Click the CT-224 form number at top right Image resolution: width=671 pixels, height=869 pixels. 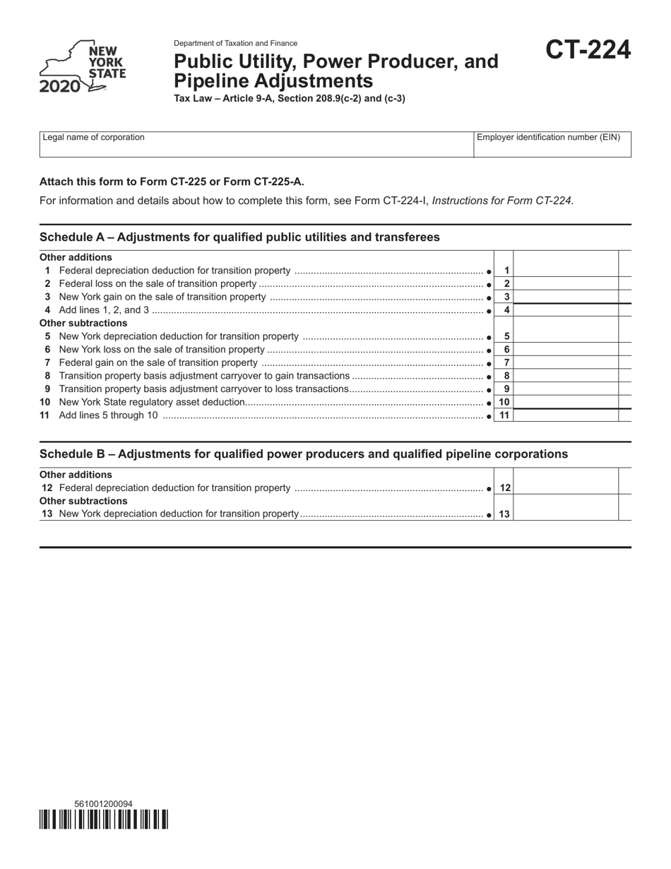click(x=588, y=51)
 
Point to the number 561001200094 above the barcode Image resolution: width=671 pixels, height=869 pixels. click(x=103, y=804)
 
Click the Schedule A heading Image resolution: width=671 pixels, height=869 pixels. click(x=239, y=237)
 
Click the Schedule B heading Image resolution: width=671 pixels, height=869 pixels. click(x=304, y=454)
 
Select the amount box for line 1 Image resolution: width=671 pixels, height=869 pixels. click(x=565, y=271)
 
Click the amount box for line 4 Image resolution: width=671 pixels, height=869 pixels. click(x=565, y=310)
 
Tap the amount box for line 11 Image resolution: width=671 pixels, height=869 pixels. click(x=565, y=415)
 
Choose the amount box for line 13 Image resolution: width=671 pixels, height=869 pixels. click(x=565, y=514)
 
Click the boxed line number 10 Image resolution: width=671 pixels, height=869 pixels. click(x=504, y=402)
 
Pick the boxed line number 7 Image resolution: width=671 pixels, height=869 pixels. click(x=506, y=362)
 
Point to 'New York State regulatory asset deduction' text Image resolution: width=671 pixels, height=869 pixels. click(x=152, y=402)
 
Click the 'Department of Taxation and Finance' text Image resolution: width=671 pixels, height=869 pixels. click(x=235, y=43)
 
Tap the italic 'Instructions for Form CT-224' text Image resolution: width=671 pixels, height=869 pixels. click(x=503, y=201)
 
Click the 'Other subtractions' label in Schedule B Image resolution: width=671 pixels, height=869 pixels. click(x=83, y=501)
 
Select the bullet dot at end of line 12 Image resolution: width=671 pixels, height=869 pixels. click(x=489, y=488)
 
